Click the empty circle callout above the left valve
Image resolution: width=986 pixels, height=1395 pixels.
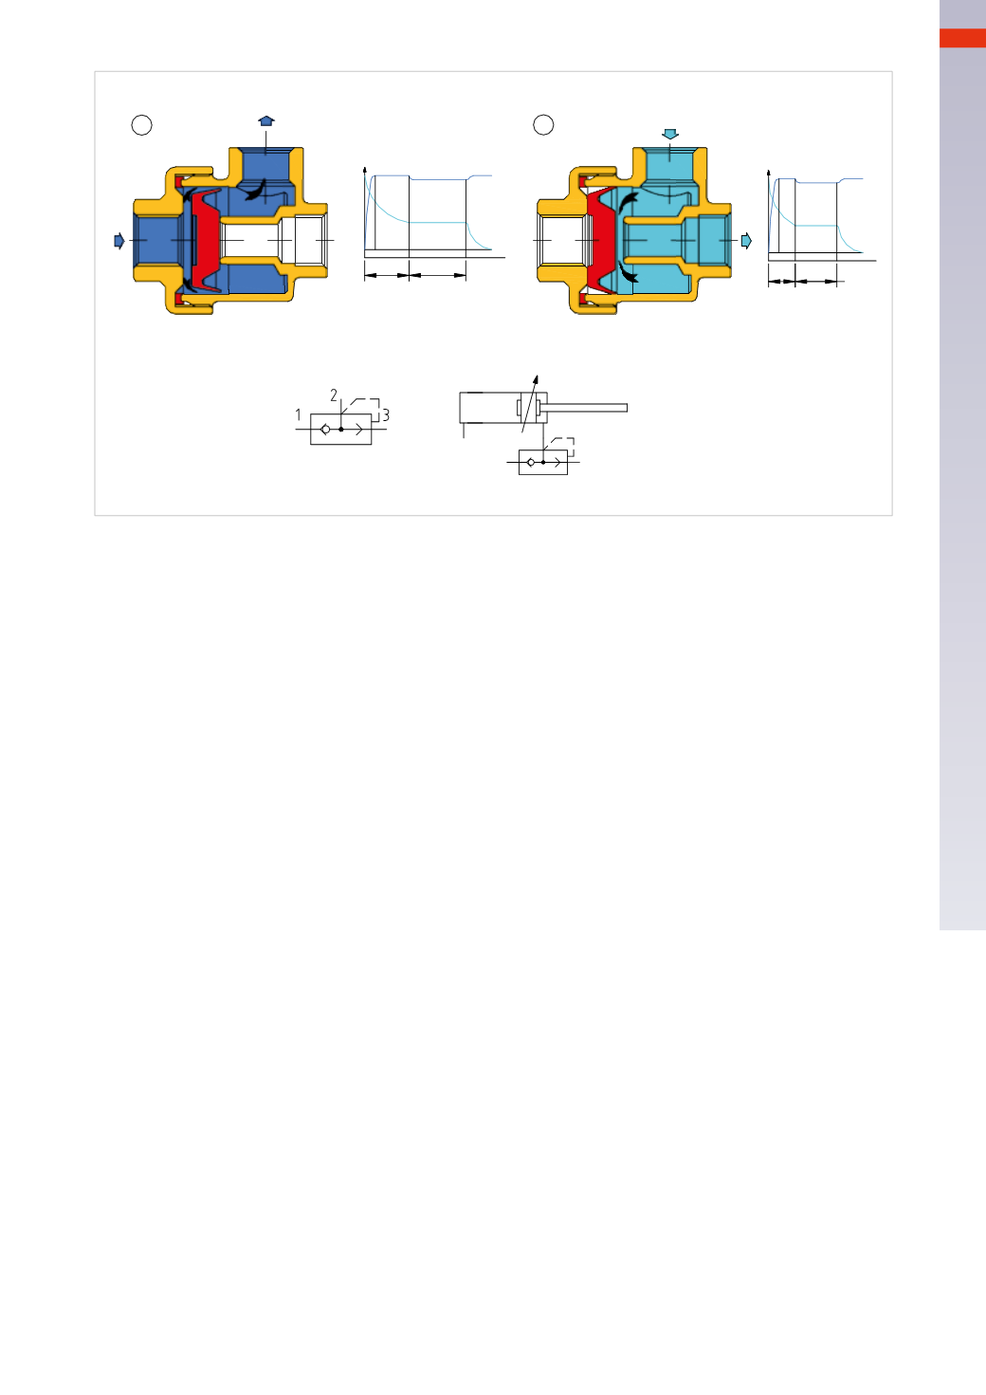click(x=142, y=125)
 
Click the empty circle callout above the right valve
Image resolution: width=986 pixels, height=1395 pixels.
click(x=543, y=124)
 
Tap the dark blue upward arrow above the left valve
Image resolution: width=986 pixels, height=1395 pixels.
click(x=266, y=120)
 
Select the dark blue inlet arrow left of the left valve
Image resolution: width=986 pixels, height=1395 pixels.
click(x=119, y=241)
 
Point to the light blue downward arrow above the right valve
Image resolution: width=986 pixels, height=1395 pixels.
click(x=669, y=134)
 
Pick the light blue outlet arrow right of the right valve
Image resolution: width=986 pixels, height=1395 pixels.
click(x=746, y=241)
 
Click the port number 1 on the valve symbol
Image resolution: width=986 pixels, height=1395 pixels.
click(x=298, y=414)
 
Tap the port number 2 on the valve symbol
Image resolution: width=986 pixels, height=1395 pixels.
click(x=334, y=395)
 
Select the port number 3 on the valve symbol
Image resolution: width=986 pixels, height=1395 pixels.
click(x=386, y=414)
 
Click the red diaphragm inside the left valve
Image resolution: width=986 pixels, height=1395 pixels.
click(x=207, y=240)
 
